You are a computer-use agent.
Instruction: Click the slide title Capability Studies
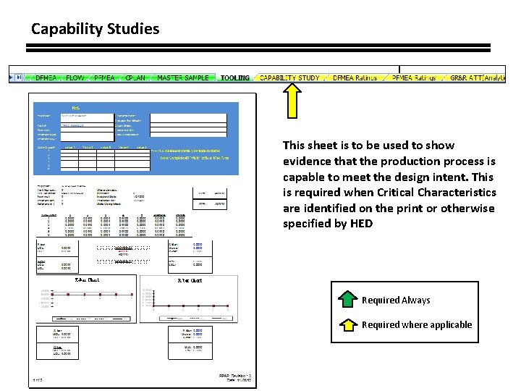[x=95, y=30]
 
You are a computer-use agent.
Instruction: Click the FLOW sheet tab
[x=75, y=77]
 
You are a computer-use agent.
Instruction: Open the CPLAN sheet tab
[x=137, y=77]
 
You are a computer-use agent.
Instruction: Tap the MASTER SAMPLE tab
[x=183, y=77]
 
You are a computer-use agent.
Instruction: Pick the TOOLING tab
[x=235, y=77]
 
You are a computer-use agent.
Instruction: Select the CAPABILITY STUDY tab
[x=289, y=77]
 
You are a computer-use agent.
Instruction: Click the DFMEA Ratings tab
[x=355, y=77]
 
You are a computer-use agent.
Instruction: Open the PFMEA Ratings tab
[x=413, y=77]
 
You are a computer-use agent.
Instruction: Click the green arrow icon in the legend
[x=348, y=300]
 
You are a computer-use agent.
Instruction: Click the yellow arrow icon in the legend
[x=348, y=324]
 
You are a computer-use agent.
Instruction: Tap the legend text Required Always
[x=396, y=300]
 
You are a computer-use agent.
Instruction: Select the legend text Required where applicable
[x=417, y=325]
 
